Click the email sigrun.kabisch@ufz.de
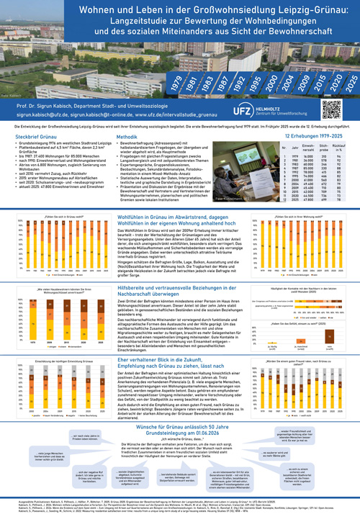pyautogui.click(x=50, y=114)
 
